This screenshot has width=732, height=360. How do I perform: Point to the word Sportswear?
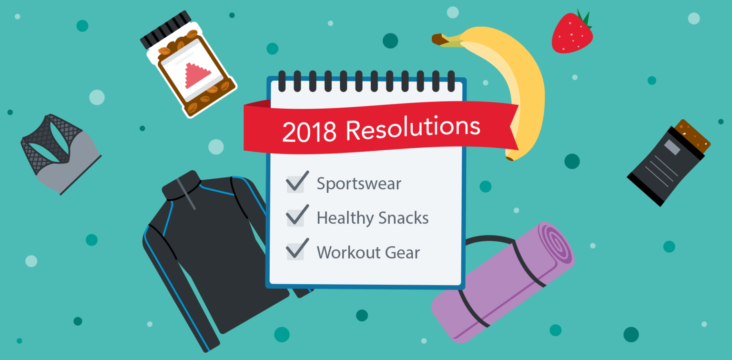[359, 184]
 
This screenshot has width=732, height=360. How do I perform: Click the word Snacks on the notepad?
[404, 218]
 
